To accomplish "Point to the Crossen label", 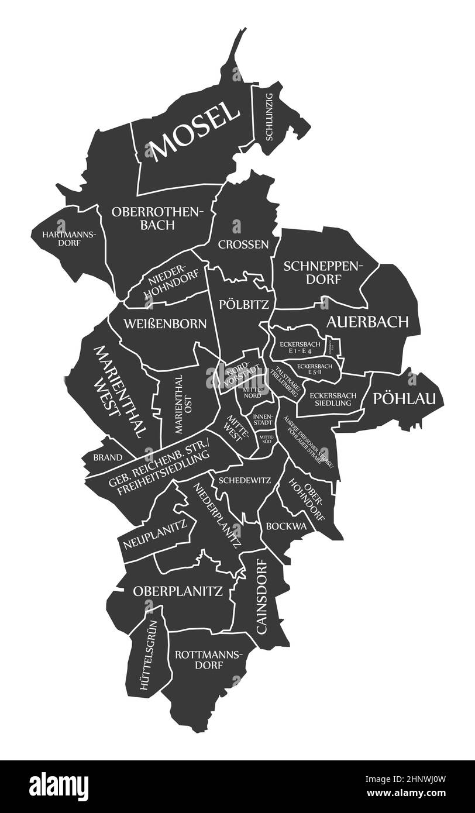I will (243, 244).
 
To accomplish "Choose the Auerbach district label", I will (367, 322).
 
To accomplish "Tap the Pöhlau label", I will (404, 398).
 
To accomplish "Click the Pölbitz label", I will (243, 304).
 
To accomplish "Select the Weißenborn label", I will (164, 324).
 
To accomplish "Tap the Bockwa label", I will (286, 526).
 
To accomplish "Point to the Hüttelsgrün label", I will (150, 654).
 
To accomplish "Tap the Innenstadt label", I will (263, 419).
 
